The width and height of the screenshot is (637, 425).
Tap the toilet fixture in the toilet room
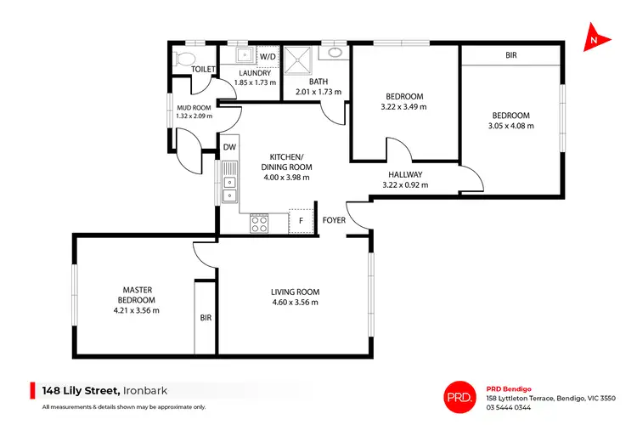click(182, 58)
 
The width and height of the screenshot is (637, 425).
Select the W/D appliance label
click(268, 57)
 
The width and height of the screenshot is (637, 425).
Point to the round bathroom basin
click(333, 52)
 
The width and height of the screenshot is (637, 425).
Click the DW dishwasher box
click(229, 147)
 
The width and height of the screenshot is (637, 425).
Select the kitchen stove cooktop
click(260, 224)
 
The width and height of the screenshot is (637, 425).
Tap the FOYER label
click(334, 220)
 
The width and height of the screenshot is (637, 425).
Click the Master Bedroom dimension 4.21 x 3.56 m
click(136, 310)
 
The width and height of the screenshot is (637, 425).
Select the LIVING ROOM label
click(295, 292)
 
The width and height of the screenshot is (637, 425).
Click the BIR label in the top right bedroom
click(511, 55)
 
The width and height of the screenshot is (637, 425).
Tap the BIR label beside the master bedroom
click(206, 318)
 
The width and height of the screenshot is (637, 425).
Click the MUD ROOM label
click(193, 108)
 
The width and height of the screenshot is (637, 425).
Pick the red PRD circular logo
click(459, 395)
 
